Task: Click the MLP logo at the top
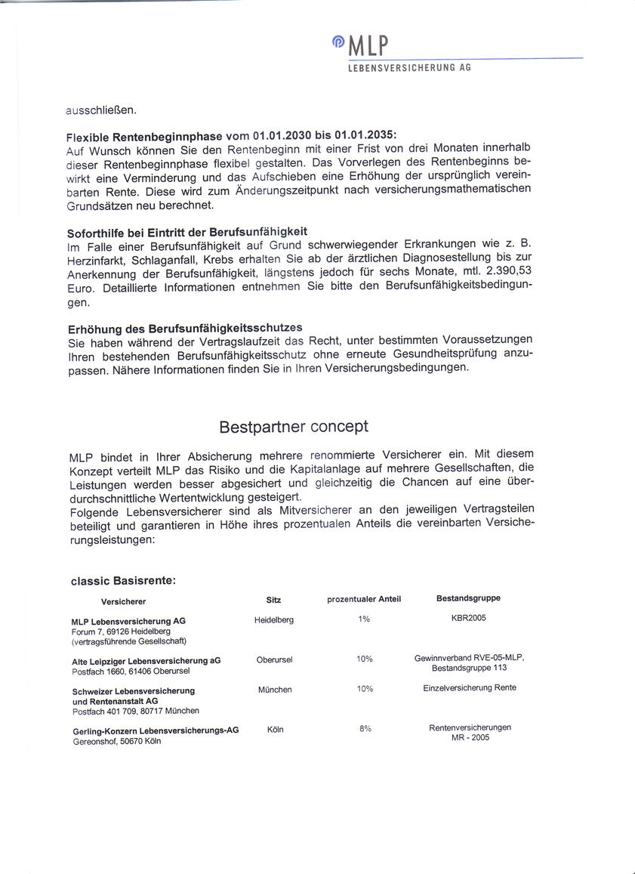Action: pyautogui.click(x=362, y=46)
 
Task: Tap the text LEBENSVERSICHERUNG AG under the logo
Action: pyautogui.click(x=409, y=68)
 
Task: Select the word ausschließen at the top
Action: pyautogui.click(x=101, y=110)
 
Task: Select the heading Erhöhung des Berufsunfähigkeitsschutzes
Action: pyautogui.click(x=184, y=327)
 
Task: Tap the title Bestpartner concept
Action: pyautogui.click(x=294, y=426)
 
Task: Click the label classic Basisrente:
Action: pyautogui.click(x=123, y=581)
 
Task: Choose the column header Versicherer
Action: pyautogui.click(x=123, y=601)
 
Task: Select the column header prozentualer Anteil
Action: pyautogui.click(x=364, y=599)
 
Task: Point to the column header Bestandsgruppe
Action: pyautogui.click(x=468, y=598)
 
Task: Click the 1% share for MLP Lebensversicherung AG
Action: pyautogui.click(x=364, y=619)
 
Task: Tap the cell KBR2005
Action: pyautogui.click(x=468, y=618)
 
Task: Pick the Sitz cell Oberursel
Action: pyautogui.click(x=274, y=659)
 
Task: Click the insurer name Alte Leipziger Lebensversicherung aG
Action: pyautogui.click(x=146, y=660)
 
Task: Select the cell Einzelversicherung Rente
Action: pyautogui.click(x=470, y=687)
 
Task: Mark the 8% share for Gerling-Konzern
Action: pyautogui.click(x=365, y=729)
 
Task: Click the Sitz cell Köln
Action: pyautogui.click(x=275, y=730)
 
